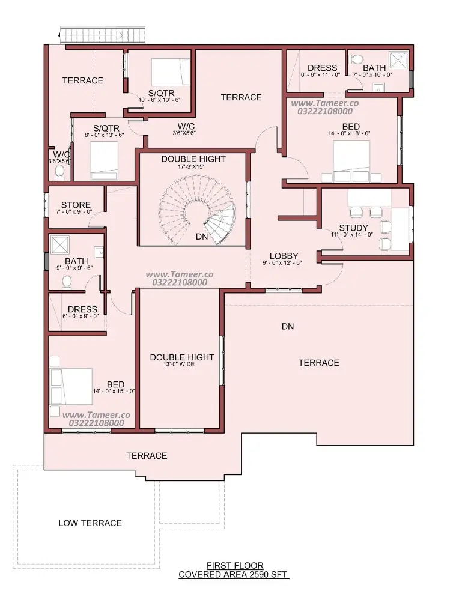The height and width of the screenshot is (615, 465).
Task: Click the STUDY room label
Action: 354,228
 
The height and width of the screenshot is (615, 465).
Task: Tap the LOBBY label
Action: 284,256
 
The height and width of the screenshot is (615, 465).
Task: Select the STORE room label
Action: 76,205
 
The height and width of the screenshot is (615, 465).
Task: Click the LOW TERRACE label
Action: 90,523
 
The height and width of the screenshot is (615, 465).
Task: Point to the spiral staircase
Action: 198,210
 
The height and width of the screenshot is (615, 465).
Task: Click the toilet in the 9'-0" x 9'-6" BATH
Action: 67,282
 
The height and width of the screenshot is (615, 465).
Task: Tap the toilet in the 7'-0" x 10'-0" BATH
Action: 356,59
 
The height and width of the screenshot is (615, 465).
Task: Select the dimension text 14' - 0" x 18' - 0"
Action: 349,133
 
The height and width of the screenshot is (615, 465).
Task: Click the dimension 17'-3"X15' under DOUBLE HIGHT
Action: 191,166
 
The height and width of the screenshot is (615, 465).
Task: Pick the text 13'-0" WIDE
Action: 179,365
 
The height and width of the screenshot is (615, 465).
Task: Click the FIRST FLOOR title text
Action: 235,566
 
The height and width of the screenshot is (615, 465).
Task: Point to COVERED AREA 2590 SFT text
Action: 233,575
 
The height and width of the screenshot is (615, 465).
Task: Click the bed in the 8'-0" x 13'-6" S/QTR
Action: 103,161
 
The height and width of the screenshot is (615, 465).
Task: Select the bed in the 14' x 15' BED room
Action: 71,386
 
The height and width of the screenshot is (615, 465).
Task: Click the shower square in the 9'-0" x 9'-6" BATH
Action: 60,245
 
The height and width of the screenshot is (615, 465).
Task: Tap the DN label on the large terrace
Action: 288,326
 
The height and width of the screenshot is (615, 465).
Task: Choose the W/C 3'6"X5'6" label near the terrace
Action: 185,129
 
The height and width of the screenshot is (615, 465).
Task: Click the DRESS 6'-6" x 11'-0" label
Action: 321,71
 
